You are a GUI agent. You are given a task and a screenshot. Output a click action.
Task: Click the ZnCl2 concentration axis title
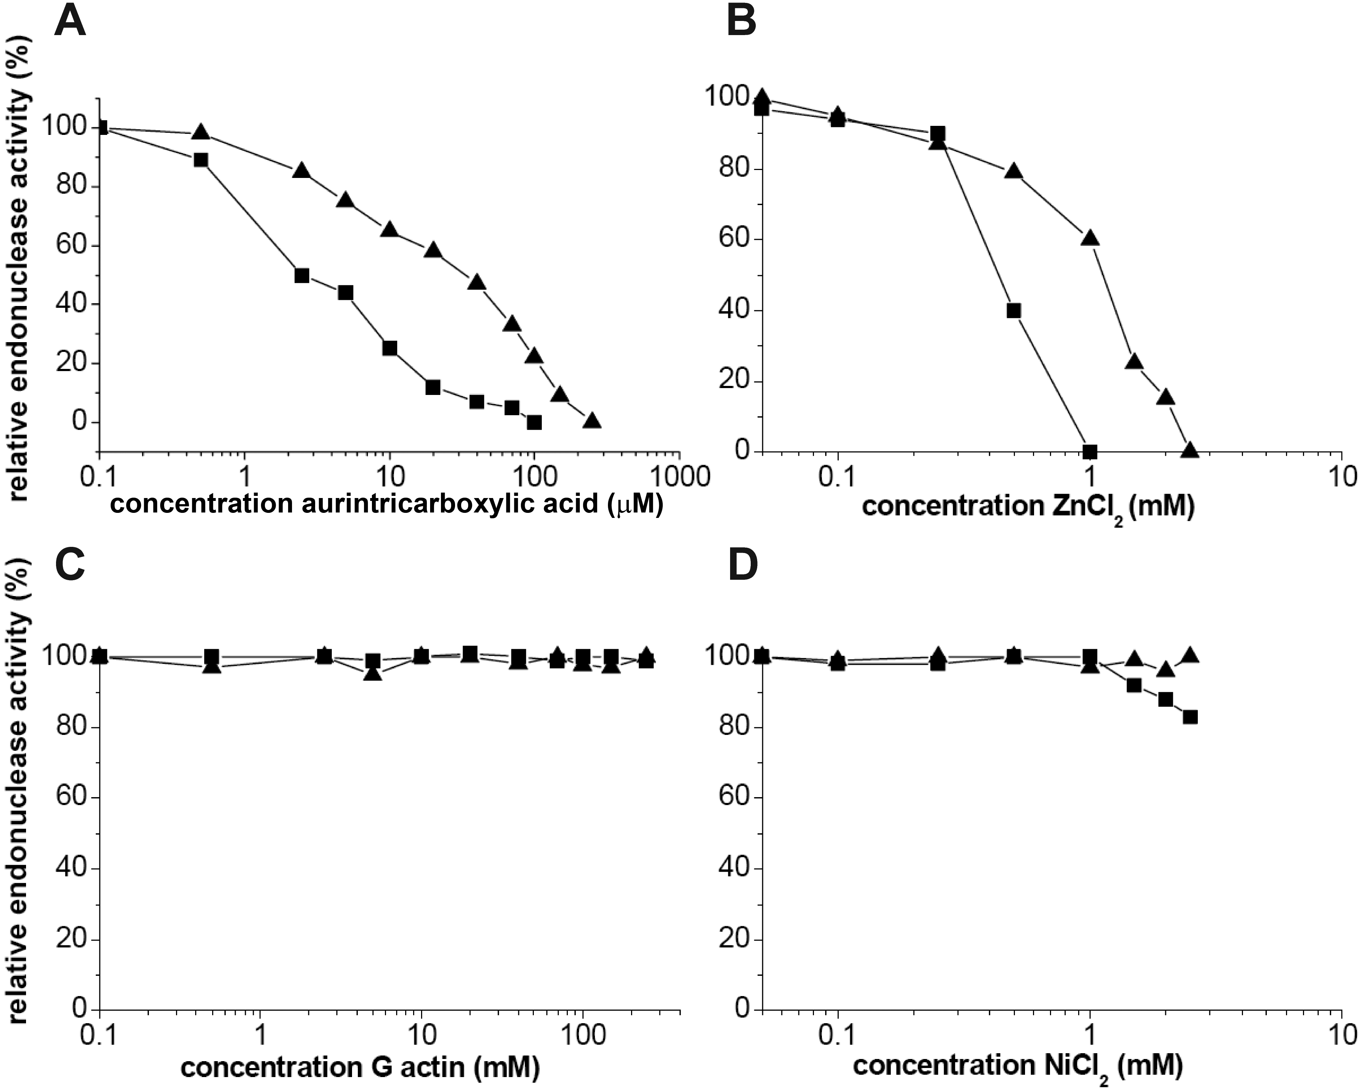point(1028,508)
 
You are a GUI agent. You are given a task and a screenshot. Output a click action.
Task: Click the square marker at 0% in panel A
point(535,422)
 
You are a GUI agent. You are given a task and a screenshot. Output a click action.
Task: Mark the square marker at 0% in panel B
point(1090,451)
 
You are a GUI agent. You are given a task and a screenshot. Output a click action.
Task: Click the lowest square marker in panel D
point(1190,717)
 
